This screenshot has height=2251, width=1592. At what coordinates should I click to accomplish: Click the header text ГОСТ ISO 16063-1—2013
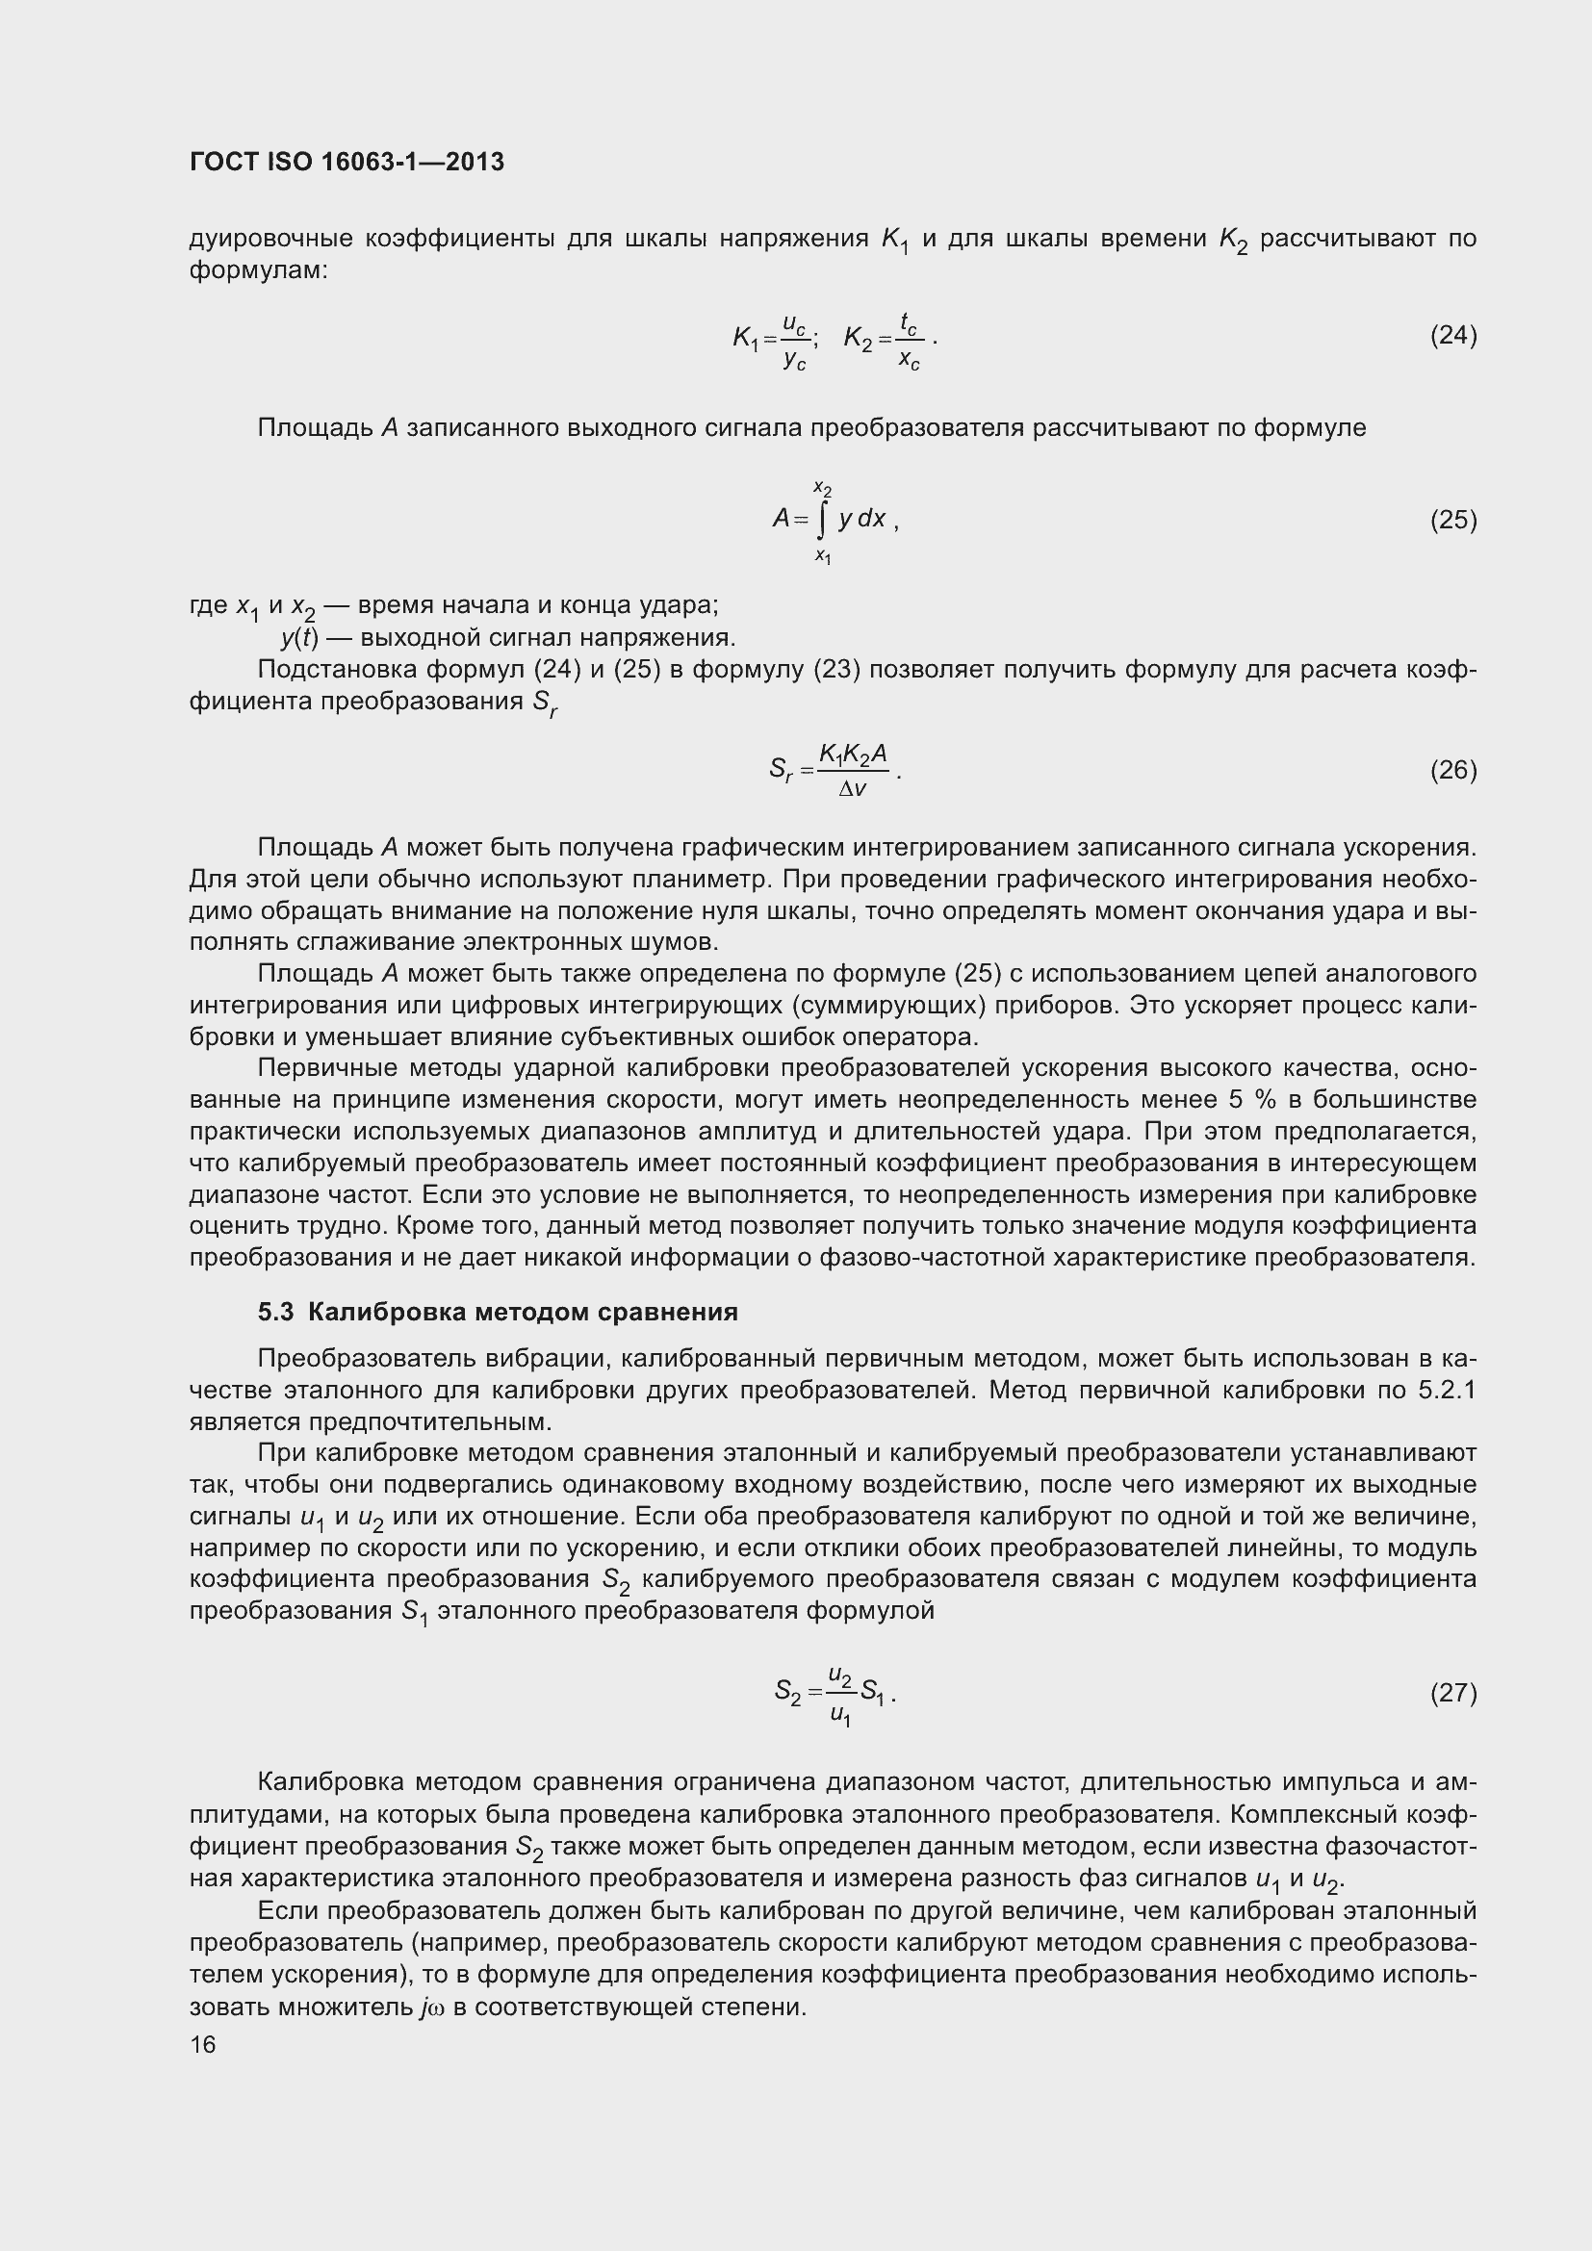347,162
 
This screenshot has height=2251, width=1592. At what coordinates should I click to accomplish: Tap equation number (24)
1452,336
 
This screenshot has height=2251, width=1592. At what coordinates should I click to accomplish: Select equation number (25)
1452,520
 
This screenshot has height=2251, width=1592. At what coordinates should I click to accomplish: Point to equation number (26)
1452,771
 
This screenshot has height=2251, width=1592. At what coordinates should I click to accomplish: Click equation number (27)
1452,1693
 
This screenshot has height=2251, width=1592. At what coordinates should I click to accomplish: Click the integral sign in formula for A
821,520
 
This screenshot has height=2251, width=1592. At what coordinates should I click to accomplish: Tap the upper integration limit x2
822,487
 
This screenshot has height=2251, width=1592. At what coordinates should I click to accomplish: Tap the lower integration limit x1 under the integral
822,556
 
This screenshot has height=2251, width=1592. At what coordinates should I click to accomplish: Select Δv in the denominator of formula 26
852,788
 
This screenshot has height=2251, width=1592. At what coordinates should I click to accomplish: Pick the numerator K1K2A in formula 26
853,753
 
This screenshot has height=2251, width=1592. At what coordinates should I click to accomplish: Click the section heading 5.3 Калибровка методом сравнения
498,1312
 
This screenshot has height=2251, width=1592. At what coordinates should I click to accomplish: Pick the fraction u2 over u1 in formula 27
840,1694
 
